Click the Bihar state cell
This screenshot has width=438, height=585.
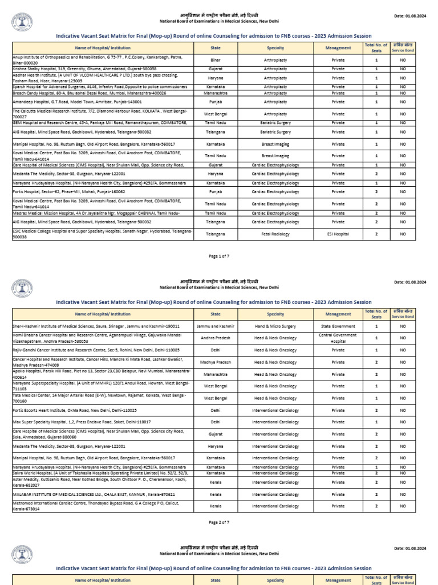pos(216,59)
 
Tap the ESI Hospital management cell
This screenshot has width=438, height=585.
pos(338,234)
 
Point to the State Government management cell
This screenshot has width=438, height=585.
pos(338,326)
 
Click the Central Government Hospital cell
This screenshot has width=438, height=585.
pos(338,337)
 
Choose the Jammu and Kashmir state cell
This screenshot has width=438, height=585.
pos(216,326)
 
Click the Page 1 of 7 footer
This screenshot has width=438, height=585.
pos(219,257)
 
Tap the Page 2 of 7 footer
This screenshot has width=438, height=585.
pos(219,522)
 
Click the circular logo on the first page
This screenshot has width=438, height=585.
pos(22,22)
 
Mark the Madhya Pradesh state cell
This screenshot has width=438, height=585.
pos(216,362)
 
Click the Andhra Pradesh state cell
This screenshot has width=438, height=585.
pos(216,337)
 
